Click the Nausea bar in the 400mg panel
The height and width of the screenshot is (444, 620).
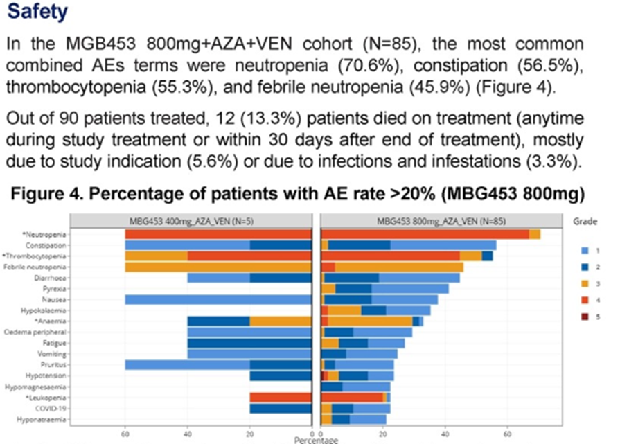218,300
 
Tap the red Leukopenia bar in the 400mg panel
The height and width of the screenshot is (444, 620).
281,398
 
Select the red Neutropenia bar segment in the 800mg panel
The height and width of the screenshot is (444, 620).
425,234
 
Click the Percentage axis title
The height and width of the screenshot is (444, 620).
316,440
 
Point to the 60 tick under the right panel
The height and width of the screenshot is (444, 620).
507,432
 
